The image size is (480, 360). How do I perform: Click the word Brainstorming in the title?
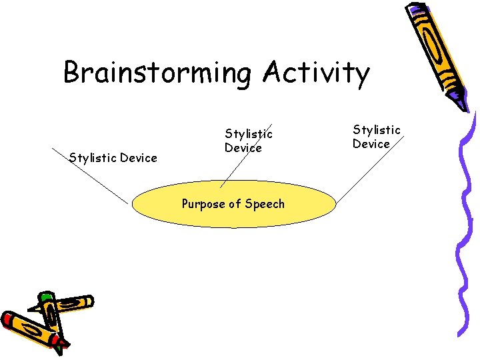coord(157,73)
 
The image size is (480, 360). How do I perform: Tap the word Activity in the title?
coord(315,73)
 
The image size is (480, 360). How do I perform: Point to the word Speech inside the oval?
coord(265,204)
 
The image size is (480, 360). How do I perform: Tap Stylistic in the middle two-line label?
coord(249,135)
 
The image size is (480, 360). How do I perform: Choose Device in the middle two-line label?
coord(243,148)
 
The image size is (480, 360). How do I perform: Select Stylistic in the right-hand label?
coord(377,130)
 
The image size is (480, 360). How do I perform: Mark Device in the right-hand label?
coord(371,144)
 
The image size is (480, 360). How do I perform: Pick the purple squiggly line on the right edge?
coord(462,227)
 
